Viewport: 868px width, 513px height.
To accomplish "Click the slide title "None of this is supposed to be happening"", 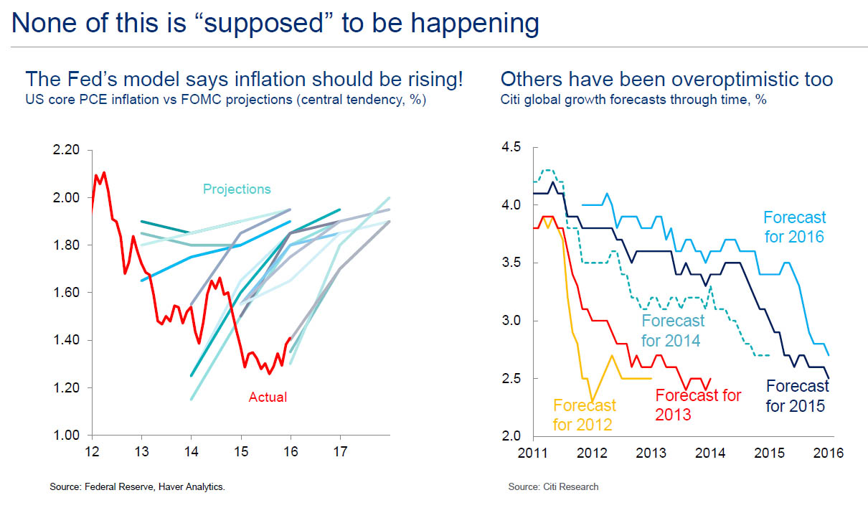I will point(275,23).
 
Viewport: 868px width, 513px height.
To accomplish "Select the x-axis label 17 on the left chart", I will point(340,452).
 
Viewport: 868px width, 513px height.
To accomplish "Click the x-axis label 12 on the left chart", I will point(93,452).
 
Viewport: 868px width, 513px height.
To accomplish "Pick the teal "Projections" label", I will point(237,189).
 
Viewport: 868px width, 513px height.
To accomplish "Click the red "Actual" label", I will point(268,397).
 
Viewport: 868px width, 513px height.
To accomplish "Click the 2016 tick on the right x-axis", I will point(828,453).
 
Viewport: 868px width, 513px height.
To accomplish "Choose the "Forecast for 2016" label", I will point(794,227).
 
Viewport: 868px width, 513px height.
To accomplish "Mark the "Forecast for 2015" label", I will point(796,397).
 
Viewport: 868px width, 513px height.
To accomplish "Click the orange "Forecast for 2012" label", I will point(584,415).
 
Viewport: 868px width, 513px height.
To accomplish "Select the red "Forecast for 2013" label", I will point(697,405).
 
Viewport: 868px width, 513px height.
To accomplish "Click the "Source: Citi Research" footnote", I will point(553,487).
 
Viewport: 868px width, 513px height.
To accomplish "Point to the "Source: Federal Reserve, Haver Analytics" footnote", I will point(137,487).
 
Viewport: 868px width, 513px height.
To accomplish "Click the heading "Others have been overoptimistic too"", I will point(666,78).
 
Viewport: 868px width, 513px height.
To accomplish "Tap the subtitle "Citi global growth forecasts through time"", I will point(633,100).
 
